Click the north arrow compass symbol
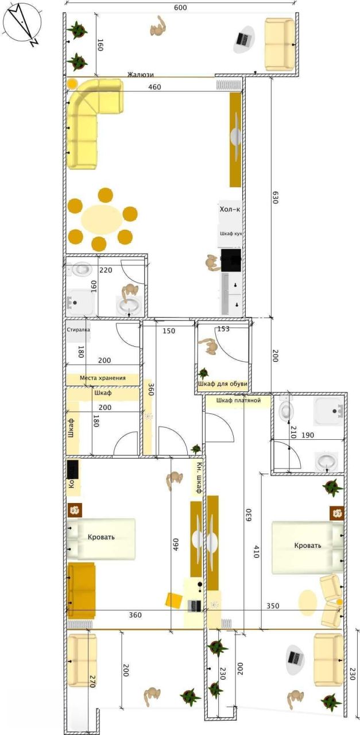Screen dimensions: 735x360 coord(22,24)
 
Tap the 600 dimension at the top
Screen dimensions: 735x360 coord(180,7)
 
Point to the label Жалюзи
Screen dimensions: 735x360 coord(141,74)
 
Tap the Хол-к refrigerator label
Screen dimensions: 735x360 coord(230,210)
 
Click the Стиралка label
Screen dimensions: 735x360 coord(78,330)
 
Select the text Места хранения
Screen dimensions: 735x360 coord(102,379)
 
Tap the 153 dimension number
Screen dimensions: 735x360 coord(223,329)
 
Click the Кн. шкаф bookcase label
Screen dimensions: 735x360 coord(198,478)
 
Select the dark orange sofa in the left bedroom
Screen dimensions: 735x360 coord(81,590)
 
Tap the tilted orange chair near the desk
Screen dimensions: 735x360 coord(173,600)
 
